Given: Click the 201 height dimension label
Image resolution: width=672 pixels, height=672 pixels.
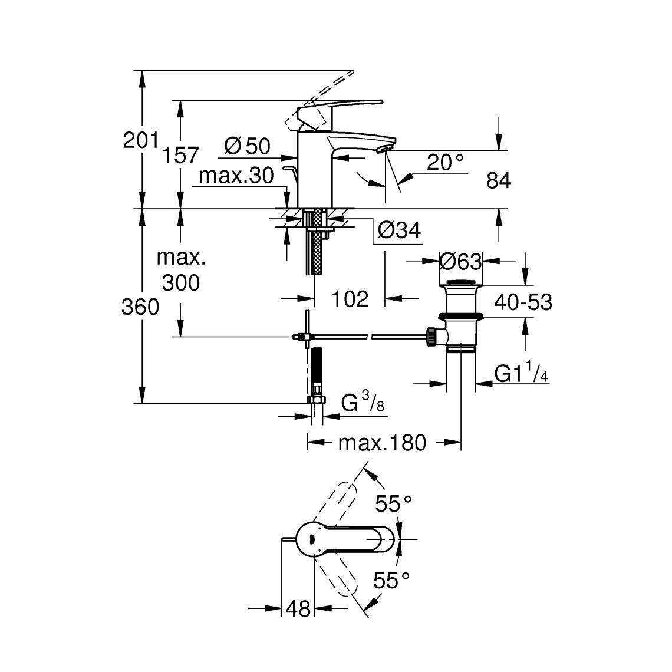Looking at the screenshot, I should click(x=140, y=141).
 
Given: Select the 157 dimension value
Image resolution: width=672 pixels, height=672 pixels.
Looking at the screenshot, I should click(x=181, y=155).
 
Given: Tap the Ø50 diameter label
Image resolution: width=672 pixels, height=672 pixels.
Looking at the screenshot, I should click(x=246, y=146).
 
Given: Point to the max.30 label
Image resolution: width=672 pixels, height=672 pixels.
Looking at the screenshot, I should click(x=236, y=176).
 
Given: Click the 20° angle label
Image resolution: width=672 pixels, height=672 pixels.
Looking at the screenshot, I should click(x=445, y=163).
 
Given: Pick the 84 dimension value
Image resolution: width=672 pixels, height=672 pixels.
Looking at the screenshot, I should click(x=498, y=181).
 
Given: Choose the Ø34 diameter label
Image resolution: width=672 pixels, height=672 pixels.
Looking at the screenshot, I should click(x=399, y=230).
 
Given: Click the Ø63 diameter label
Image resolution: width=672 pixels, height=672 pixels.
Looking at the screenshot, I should click(x=461, y=261).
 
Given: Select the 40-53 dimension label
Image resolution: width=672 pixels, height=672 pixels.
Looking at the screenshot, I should click(x=523, y=302).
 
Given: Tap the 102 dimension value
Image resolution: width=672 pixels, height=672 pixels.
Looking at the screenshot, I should click(x=350, y=299).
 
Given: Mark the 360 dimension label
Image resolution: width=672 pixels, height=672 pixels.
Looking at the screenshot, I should click(x=140, y=307).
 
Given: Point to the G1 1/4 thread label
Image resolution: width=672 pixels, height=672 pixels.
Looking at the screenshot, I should click(x=519, y=373).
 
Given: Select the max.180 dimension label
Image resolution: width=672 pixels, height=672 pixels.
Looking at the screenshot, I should click(x=381, y=442).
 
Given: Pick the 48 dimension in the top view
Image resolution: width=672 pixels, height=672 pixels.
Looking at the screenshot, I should click(x=298, y=608).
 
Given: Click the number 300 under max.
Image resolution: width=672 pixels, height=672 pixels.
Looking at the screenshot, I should click(x=181, y=283).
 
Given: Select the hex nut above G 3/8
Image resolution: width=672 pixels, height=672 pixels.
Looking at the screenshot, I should click(x=317, y=399).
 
